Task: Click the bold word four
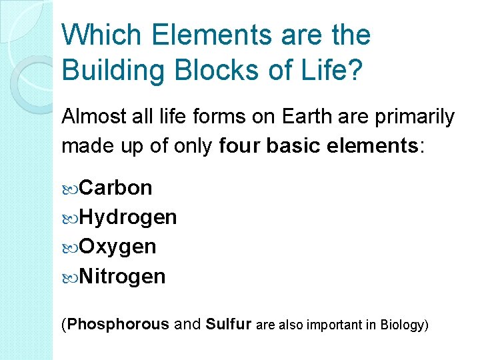[x=239, y=146]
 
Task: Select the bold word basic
[x=291, y=146]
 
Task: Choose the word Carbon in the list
[x=115, y=188]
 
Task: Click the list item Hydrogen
[x=127, y=217]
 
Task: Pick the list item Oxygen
[x=117, y=247]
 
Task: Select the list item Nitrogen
[x=122, y=276]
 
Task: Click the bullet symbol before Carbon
[x=70, y=189]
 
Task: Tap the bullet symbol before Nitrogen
[x=70, y=277]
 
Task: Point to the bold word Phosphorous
[x=119, y=325]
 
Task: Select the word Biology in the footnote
[x=403, y=325]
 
